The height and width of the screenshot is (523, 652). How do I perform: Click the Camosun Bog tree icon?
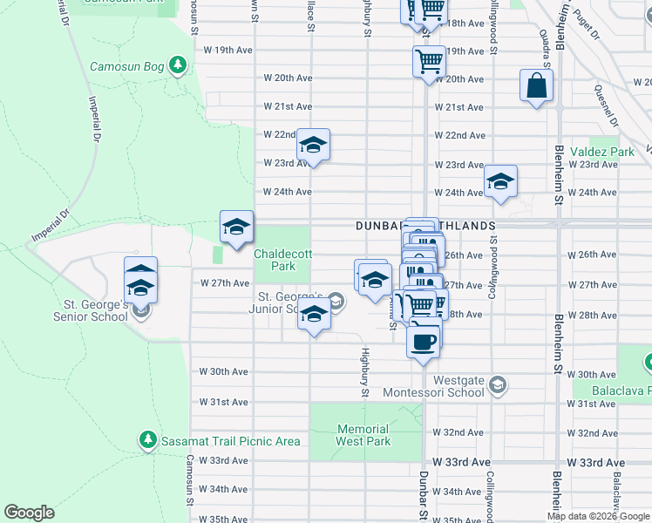(178, 65)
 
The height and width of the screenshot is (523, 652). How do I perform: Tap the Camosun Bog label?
(128, 66)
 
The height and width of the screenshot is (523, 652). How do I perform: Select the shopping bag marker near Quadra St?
(536, 86)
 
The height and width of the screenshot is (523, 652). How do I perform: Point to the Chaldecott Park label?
(282, 260)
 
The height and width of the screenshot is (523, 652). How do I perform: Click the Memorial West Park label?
(363, 434)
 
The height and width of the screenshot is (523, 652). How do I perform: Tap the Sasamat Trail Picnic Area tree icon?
(148, 440)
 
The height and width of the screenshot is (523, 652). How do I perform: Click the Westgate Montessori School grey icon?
(497, 384)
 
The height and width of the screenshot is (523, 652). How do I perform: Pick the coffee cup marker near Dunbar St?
(424, 341)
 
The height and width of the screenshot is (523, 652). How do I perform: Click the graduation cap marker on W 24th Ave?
(500, 182)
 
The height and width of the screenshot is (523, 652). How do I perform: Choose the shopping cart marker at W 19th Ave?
(429, 62)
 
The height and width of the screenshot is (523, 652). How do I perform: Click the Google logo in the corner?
(30, 513)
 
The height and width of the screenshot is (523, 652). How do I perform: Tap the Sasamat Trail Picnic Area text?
(231, 441)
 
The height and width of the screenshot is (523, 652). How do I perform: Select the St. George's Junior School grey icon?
(336, 302)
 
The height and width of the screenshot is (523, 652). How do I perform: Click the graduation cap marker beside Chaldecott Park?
(236, 228)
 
